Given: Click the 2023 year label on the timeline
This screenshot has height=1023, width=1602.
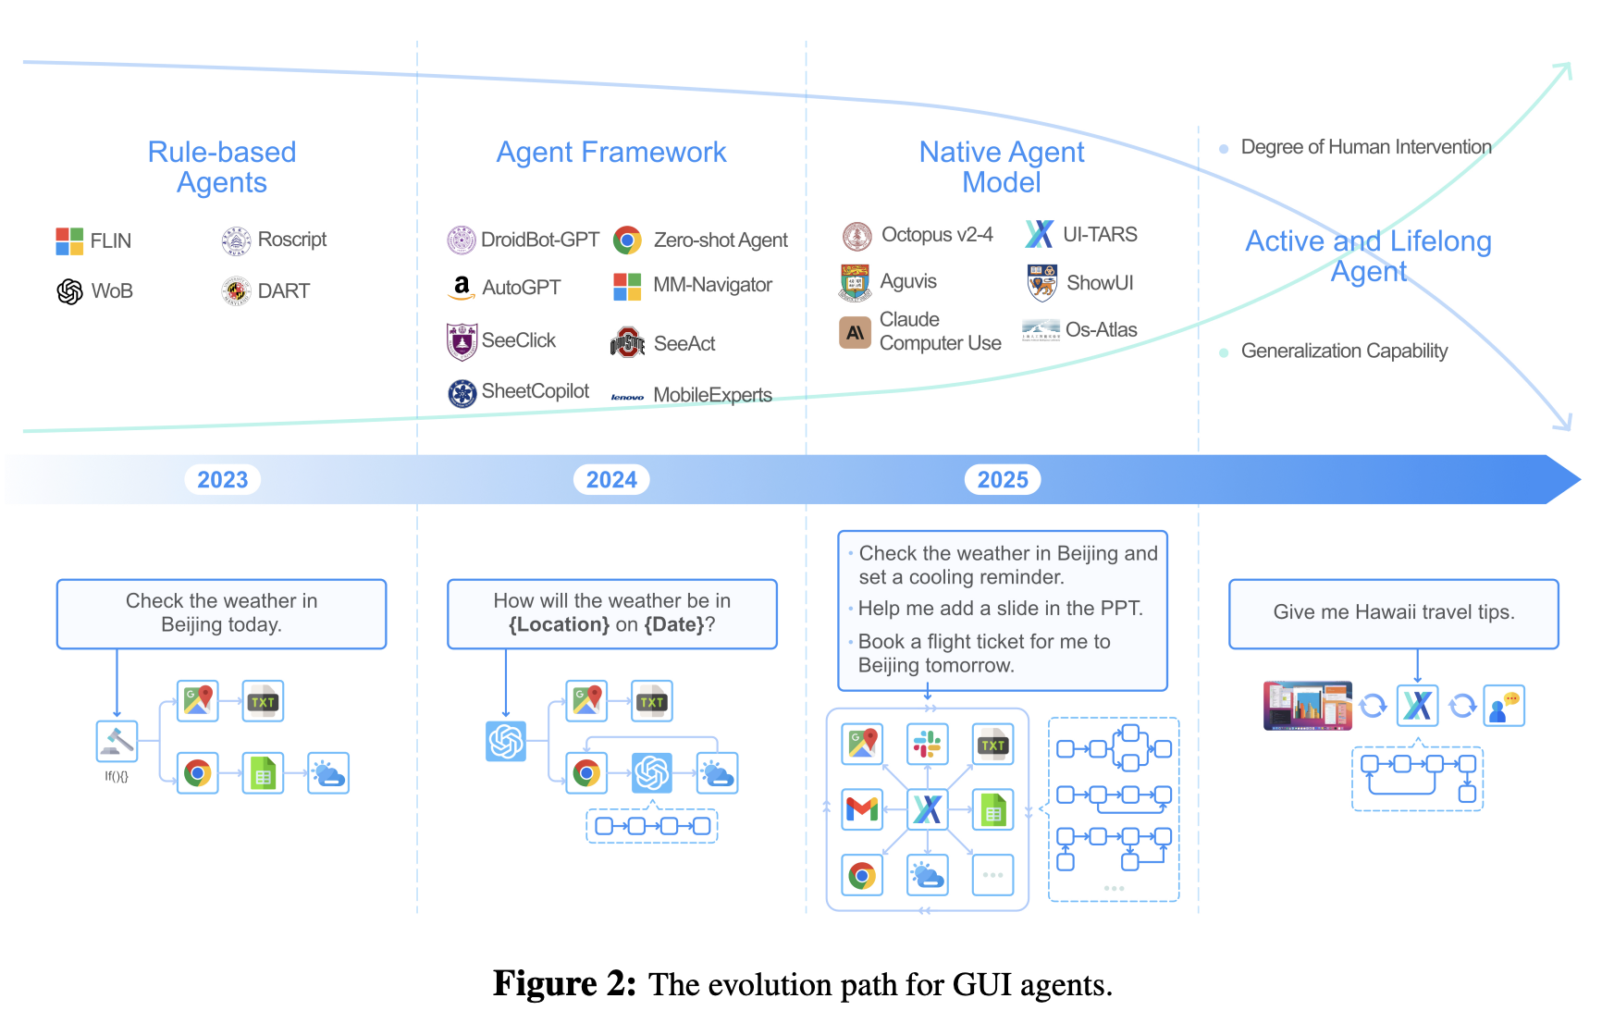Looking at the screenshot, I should [x=223, y=479].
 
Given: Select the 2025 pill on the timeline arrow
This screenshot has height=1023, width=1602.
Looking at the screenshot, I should [x=1003, y=479].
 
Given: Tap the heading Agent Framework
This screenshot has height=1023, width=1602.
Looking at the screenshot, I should [x=611, y=152].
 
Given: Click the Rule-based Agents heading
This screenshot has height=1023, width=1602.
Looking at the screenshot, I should [x=222, y=167].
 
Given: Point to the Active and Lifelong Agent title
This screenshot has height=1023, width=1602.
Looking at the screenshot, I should [x=1368, y=255].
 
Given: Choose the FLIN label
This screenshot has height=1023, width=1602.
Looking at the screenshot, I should [x=111, y=241].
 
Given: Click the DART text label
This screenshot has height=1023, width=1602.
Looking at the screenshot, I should [x=283, y=291].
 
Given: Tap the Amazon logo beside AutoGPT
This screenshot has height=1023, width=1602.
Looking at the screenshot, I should [x=461, y=288].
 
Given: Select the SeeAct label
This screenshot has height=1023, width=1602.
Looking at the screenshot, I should [x=684, y=344].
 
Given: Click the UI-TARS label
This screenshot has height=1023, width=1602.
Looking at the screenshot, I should [x=1100, y=235].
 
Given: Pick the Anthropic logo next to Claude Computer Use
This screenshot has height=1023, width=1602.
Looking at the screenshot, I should [x=856, y=332].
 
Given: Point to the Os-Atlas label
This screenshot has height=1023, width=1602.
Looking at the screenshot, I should [x=1101, y=330].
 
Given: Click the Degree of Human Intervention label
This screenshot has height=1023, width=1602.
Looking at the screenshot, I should [x=1365, y=147].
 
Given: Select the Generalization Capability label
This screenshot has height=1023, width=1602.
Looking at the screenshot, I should [x=1344, y=351].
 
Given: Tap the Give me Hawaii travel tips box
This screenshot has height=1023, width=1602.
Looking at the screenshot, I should [x=1393, y=613].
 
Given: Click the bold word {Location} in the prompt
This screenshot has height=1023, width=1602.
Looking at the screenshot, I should [x=559, y=625].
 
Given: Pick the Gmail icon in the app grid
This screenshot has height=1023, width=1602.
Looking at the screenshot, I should [x=862, y=809].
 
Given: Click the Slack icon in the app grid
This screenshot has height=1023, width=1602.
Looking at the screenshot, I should [x=927, y=744].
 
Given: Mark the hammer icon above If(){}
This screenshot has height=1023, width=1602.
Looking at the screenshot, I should [x=117, y=741].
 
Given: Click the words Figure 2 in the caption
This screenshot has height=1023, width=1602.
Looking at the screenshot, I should [x=563, y=984].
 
